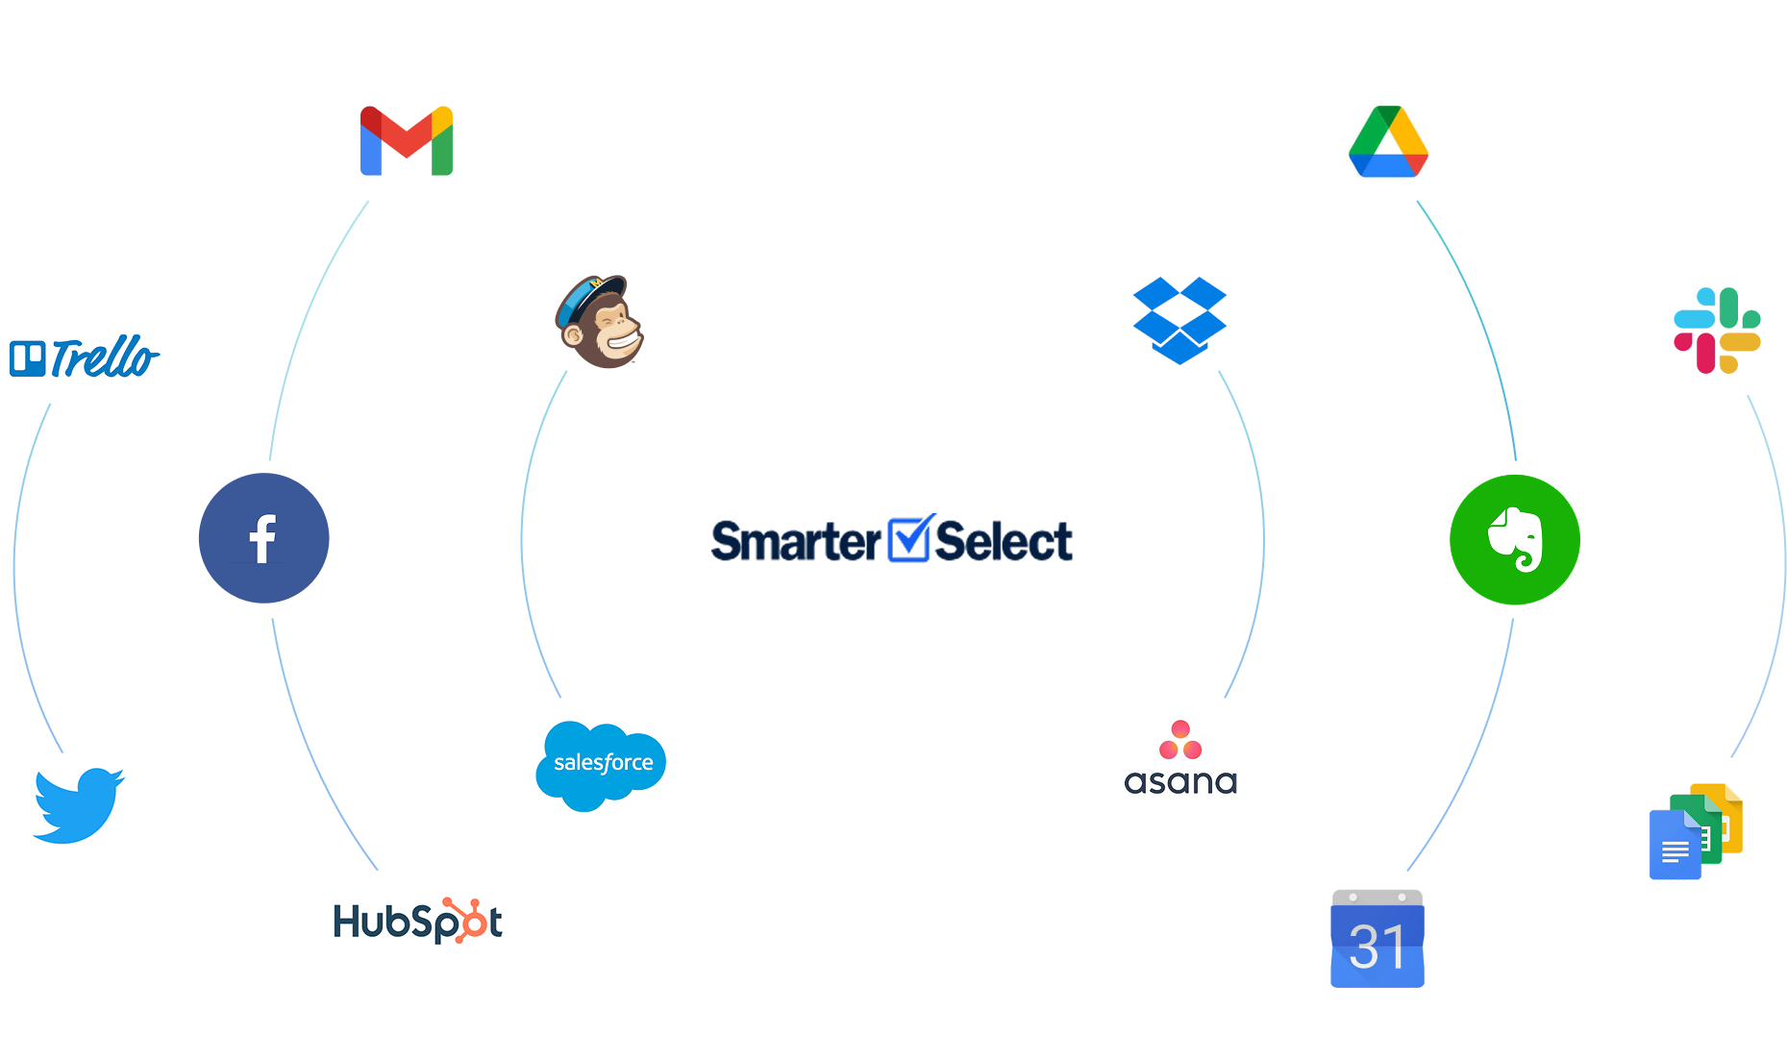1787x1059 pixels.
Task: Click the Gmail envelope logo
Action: (x=407, y=140)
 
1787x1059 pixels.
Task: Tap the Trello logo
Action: (x=81, y=358)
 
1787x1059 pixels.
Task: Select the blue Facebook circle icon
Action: (x=264, y=538)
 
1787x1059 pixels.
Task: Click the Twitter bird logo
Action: (x=79, y=805)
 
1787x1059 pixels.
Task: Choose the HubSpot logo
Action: (x=418, y=921)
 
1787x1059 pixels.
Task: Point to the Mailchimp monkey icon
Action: (x=599, y=322)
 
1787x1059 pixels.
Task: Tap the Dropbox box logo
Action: (x=1179, y=321)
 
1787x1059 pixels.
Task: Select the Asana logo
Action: (x=1180, y=760)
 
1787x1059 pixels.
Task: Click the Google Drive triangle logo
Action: (x=1388, y=141)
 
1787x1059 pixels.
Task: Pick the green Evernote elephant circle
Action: (x=1515, y=540)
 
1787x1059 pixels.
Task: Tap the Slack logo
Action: (x=1717, y=331)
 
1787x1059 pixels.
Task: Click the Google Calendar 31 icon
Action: (x=1377, y=938)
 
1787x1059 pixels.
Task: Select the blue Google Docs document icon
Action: (x=1675, y=846)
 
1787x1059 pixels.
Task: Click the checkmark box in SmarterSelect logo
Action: (x=908, y=540)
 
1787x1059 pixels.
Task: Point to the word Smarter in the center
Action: (x=795, y=542)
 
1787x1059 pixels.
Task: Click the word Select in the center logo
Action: (x=1004, y=542)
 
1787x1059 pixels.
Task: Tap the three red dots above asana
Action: (x=1180, y=741)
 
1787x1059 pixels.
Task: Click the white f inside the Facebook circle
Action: (x=262, y=539)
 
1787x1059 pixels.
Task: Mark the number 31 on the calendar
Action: (x=1377, y=948)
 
